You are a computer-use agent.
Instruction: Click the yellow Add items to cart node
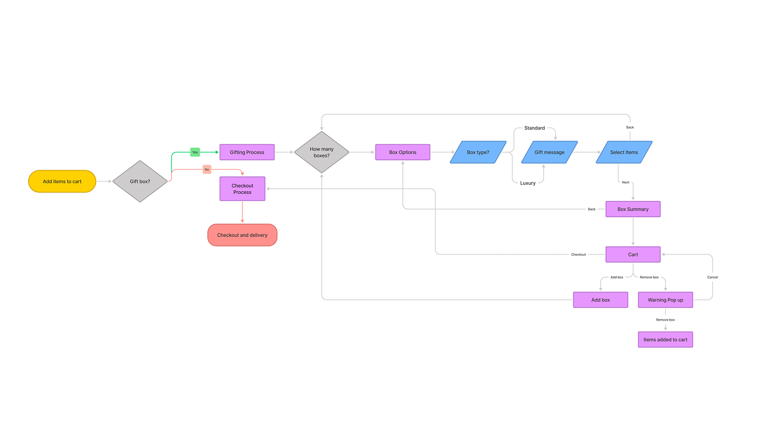point(62,181)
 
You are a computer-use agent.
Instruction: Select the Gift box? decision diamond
point(140,181)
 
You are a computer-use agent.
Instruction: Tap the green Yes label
point(195,152)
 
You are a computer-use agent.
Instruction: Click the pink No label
point(207,170)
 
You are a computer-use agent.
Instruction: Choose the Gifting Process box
point(247,152)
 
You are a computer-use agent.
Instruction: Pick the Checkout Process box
point(242,189)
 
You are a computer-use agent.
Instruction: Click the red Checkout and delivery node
point(242,235)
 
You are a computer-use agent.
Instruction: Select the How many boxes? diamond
point(322,152)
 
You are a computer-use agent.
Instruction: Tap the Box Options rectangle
point(403,152)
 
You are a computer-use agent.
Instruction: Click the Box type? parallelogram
point(478,152)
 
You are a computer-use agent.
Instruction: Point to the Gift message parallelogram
point(549,152)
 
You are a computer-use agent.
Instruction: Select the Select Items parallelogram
point(624,152)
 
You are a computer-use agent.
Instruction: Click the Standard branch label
point(535,128)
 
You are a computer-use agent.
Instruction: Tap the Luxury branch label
point(528,183)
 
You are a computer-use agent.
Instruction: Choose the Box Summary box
point(633,209)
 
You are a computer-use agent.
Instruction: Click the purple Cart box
point(633,255)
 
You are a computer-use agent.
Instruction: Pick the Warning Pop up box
point(665,300)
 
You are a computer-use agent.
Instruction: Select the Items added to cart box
point(665,340)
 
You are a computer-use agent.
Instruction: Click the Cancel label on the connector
point(712,277)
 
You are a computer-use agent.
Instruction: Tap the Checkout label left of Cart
point(579,255)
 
